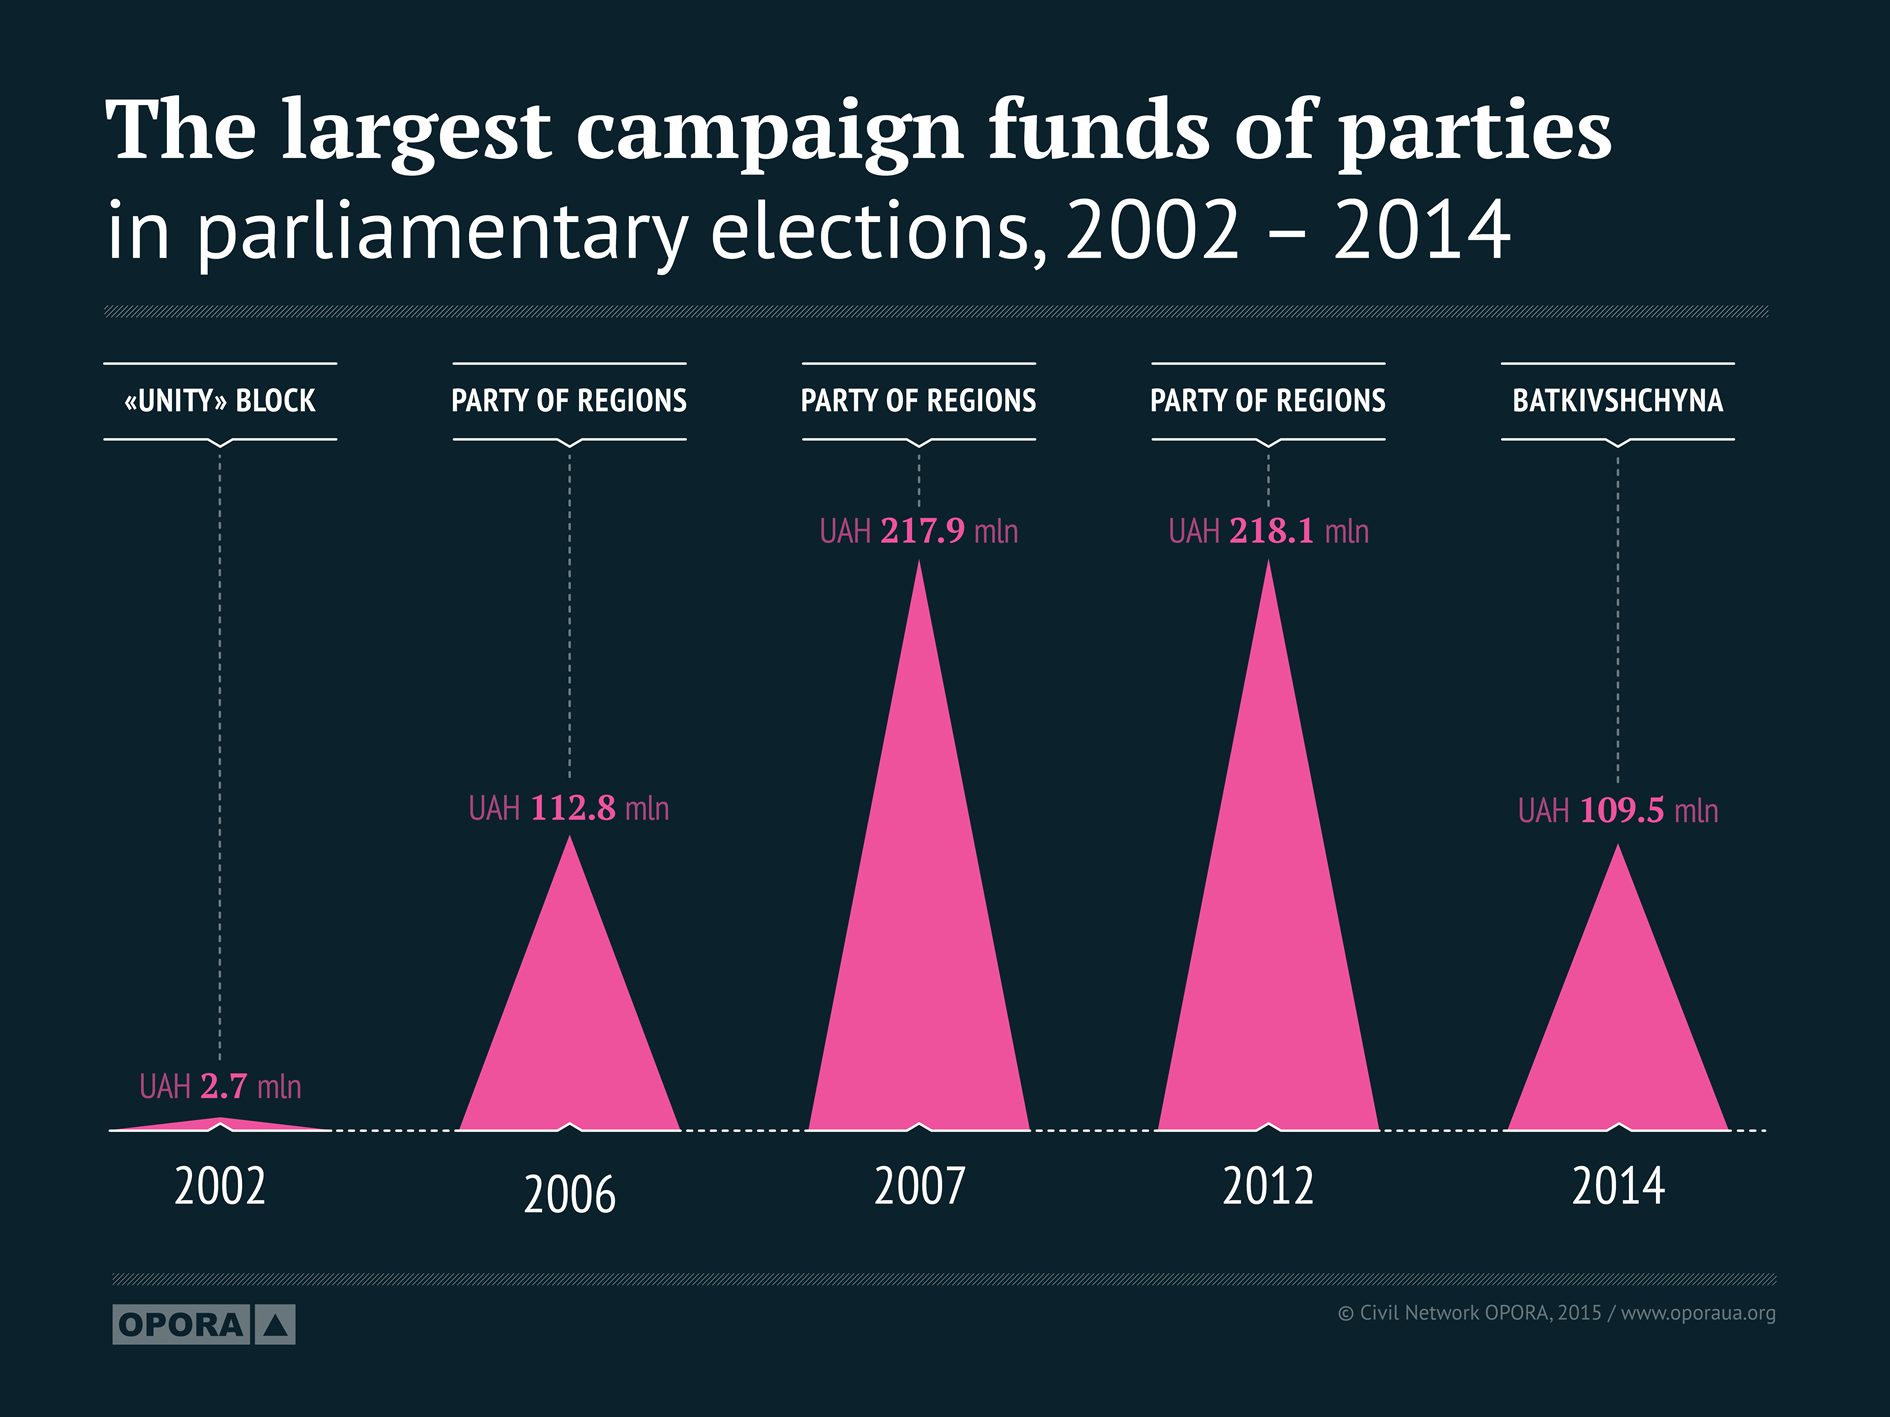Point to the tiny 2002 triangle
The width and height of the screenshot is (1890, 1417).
(x=220, y=1124)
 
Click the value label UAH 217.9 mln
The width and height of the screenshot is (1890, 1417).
(x=919, y=531)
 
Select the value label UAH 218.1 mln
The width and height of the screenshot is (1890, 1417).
(x=1268, y=531)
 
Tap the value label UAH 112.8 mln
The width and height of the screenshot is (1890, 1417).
(x=569, y=808)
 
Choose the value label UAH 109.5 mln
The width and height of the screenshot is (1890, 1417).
(x=1618, y=810)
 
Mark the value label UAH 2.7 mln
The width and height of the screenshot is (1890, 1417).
(x=220, y=1086)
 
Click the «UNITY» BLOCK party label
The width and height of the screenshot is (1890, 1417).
(x=220, y=401)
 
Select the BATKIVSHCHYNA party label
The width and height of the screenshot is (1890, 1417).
(x=1617, y=401)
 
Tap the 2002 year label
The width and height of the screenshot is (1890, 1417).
(x=220, y=1187)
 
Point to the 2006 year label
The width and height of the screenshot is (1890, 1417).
(x=570, y=1194)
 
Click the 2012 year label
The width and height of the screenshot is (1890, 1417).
(x=1268, y=1187)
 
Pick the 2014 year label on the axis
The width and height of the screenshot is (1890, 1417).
(x=1618, y=1187)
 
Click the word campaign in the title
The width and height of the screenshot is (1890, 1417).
(x=769, y=132)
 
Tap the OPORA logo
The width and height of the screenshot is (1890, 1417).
(x=204, y=1325)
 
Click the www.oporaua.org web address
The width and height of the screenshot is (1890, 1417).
(x=1698, y=1313)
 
